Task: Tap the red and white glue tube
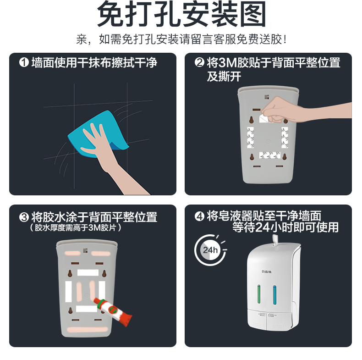click(113, 311)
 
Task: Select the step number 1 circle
click(24, 62)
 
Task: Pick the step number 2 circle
click(199, 62)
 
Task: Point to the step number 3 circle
click(24, 217)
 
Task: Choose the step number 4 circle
click(199, 216)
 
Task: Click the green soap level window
click(259, 294)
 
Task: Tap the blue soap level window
click(275, 295)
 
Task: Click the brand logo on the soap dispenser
click(267, 271)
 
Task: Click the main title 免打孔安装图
click(181, 14)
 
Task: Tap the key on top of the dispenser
click(275, 240)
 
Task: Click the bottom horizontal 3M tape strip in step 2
click(269, 155)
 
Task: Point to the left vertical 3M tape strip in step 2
click(251, 137)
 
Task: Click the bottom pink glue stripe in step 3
click(87, 329)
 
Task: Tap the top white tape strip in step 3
click(88, 273)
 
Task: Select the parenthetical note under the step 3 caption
click(75, 228)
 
